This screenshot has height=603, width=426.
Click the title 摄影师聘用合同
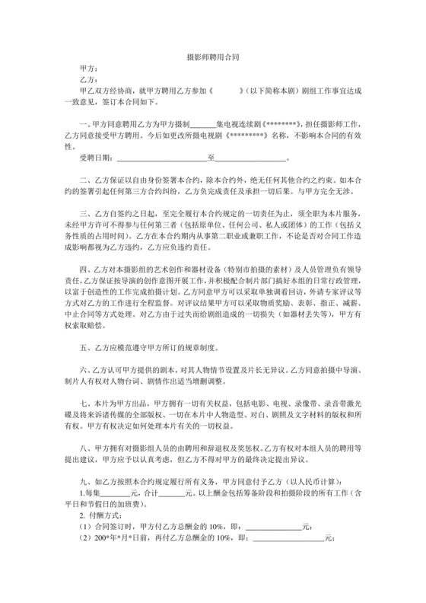click(213, 57)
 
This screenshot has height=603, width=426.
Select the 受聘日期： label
click(95, 158)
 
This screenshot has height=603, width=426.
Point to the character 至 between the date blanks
click(211, 158)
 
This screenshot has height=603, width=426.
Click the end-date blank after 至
click(251, 158)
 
